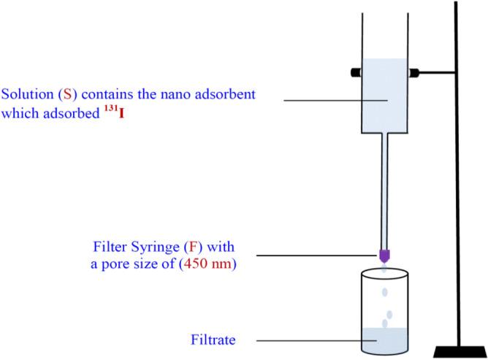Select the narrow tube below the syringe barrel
384,190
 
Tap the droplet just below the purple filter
384,271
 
